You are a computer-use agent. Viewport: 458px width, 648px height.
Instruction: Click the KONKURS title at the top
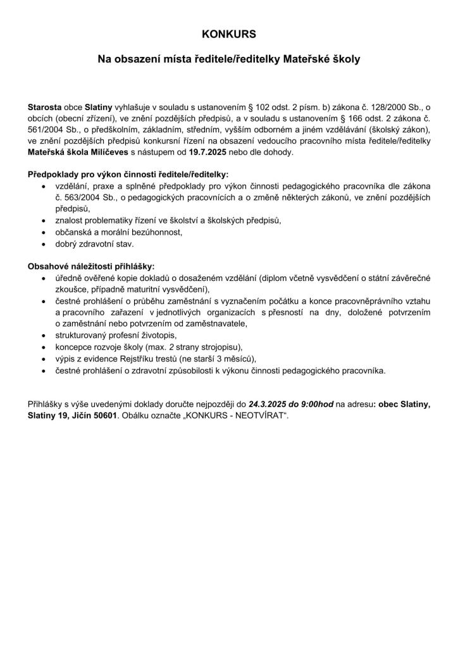click(x=228, y=34)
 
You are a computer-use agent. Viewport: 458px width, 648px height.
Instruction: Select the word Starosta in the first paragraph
click(x=46, y=108)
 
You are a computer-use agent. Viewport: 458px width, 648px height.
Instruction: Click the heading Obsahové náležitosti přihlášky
click(x=91, y=266)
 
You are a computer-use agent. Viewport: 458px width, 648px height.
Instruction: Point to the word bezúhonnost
click(x=158, y=232)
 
